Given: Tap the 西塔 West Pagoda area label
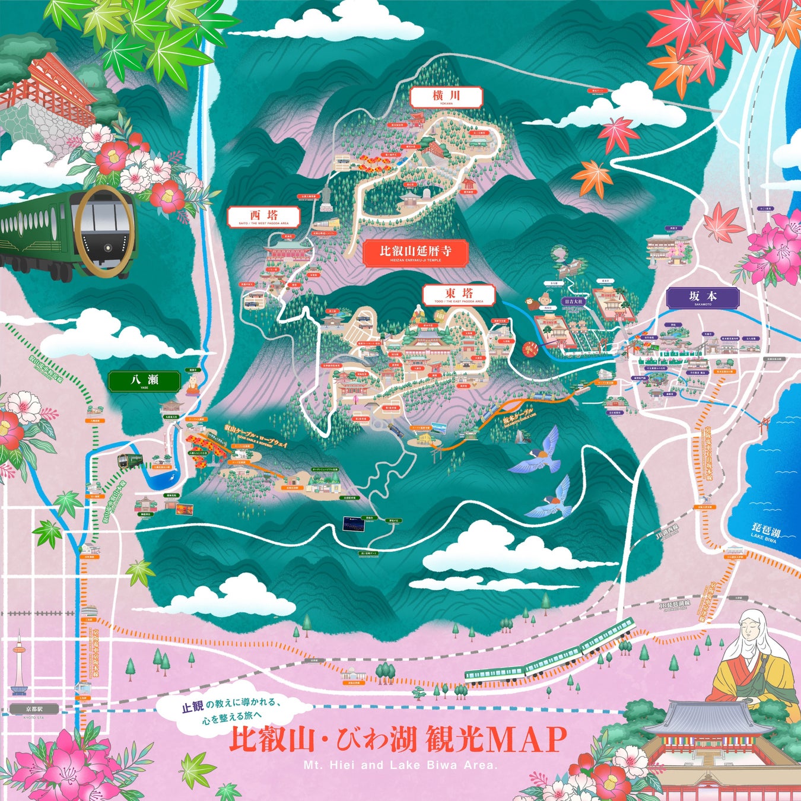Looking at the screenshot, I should pos(263,217).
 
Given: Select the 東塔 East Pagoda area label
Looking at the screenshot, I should pos(459,295).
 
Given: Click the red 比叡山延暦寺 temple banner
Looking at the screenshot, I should pos(415,253).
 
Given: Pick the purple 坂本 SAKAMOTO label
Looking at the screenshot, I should pos(703,297).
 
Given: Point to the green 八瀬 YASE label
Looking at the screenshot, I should pos(144,381).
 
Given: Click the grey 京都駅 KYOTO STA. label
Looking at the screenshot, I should pos(34,709).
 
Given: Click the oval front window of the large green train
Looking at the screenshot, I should pos(104,231).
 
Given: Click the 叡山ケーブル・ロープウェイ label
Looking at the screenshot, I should pos(256,437).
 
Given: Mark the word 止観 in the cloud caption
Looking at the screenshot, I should pos(192,707).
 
